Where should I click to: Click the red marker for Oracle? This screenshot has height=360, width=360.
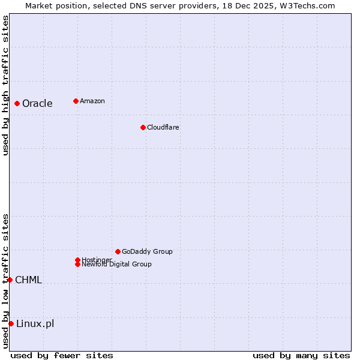(17, 103)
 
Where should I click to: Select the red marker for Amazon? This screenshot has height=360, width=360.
(76, 101)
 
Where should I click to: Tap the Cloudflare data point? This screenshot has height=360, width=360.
(143, 127)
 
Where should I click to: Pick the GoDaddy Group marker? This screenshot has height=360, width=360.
(118, 251)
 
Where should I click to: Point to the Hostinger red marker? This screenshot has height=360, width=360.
(77, 260)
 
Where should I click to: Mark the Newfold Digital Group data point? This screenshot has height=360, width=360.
(77, 264)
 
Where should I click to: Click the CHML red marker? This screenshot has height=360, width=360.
(10, 280)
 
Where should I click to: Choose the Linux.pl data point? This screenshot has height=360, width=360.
(11, 324)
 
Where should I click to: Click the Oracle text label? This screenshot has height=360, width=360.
(37, 103)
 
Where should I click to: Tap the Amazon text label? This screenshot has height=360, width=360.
(92, 101)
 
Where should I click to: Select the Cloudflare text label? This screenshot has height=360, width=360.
(163, 127)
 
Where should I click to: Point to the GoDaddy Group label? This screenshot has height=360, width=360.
(147, 251)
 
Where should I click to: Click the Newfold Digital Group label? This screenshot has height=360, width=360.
(116, 264)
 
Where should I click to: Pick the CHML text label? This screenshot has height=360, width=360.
(28, 280)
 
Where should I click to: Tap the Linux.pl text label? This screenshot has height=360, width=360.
(35, 324)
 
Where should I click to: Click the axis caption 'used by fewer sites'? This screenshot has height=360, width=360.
(62, 355)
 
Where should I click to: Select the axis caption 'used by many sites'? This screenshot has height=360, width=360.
(301, 355)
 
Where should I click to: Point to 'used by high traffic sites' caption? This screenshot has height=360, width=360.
(5, 85)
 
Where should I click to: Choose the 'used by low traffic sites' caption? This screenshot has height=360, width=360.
(5, 281)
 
